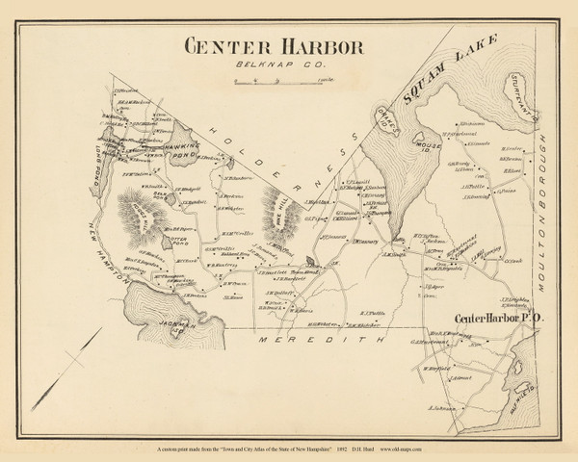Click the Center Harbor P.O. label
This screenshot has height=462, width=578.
click(x=492, y=316)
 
